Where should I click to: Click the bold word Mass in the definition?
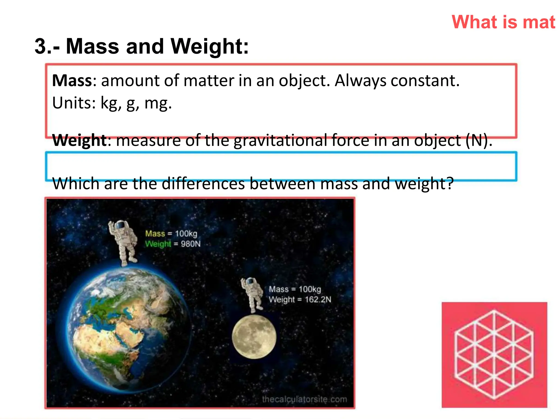click(72, 81)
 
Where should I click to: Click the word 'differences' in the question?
click(203, 184)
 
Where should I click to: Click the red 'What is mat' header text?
click(503, 22)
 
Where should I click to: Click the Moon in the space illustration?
click(254, 337)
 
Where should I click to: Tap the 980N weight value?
click(190, 244)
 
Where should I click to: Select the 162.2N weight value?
click(318, 300)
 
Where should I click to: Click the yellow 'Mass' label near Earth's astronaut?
click(155, 234)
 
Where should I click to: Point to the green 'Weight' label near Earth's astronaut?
click(158, 244)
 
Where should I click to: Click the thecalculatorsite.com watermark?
click(304, 399)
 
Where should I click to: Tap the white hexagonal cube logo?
click(494, 355)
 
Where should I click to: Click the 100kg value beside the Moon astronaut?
click(310, 289)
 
